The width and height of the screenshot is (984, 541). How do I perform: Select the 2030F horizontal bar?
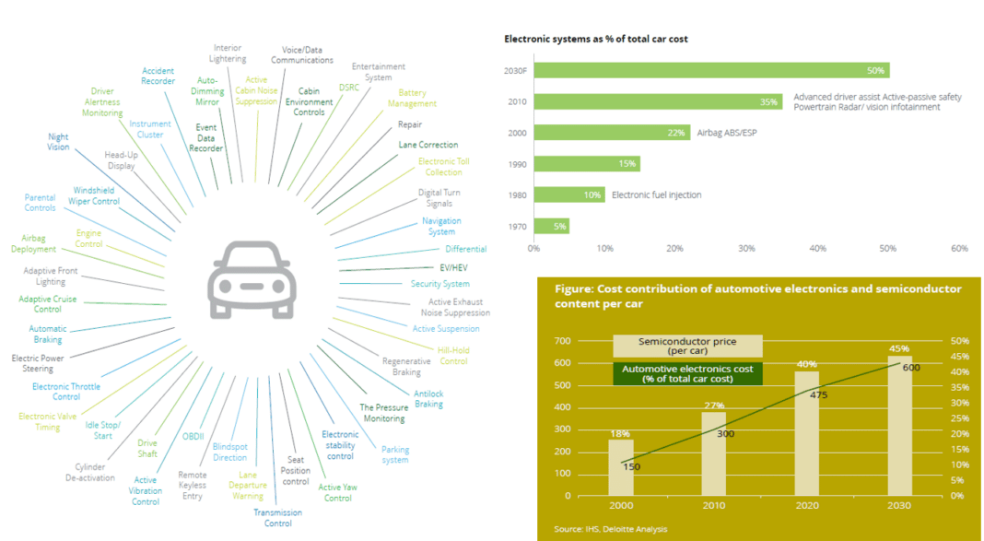709,71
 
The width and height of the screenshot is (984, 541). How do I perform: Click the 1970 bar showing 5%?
550,226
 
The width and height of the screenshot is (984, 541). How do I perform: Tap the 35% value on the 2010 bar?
768,101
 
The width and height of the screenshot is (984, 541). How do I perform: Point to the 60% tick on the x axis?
958,248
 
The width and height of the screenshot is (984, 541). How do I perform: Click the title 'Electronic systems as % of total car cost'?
595,39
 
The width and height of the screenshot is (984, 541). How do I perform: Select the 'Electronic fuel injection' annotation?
656,194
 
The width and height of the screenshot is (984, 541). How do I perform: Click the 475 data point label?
818,394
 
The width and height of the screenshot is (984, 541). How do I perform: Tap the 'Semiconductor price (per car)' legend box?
687,346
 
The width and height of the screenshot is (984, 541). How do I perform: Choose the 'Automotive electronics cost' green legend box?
687,374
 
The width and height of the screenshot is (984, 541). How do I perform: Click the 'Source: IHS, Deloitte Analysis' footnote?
610,529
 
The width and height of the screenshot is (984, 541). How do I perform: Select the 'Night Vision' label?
58,142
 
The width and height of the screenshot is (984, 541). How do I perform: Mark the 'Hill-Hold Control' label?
452,356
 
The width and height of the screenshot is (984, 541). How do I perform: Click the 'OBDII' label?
193,436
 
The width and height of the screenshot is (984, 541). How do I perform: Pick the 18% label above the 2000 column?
619,432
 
